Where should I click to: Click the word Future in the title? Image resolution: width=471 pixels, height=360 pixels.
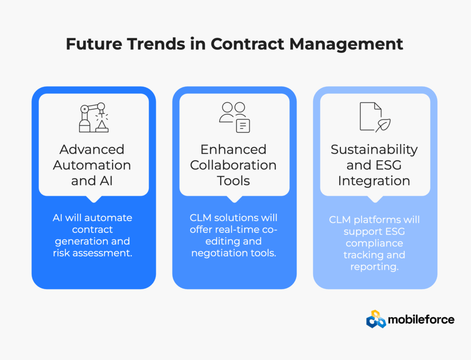point(94,44)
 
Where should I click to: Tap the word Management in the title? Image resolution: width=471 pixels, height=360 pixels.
point(346,45)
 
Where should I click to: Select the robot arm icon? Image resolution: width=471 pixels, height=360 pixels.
point(94,117)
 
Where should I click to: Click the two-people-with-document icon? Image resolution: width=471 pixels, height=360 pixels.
point(234,117)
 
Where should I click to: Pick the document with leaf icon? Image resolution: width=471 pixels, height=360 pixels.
point(375,117)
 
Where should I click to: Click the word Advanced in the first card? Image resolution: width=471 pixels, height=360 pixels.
point(92,150)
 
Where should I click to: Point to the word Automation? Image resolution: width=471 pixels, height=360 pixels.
point(92,165)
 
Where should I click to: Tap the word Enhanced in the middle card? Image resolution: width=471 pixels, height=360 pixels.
point(233,150)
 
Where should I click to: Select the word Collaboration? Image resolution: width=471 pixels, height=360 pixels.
point(233,165)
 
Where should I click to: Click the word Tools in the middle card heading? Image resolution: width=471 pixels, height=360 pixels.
point(233,181)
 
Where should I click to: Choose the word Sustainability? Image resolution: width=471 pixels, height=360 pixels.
point(374,150)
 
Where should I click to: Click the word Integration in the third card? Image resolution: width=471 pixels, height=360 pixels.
point(374,181)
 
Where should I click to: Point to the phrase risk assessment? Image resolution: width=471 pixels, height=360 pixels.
point(92,253)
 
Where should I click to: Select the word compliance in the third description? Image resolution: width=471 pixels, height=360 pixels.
point(374,244)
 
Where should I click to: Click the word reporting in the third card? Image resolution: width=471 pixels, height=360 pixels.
point(374,267)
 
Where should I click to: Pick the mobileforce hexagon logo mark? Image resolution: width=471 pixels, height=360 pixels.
point(376,319)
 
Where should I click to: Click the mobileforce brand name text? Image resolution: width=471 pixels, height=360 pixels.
point(421,319)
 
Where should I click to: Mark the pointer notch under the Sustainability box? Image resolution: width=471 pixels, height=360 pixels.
point(375,199)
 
